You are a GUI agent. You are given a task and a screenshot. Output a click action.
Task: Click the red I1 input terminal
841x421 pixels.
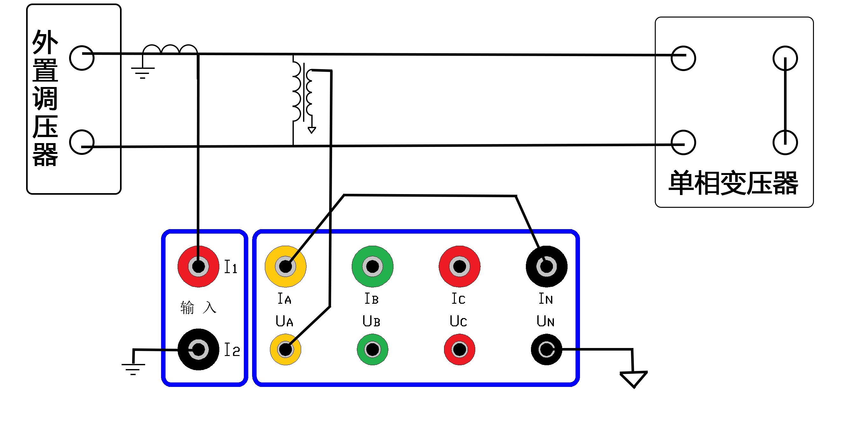click(x=198, y=266)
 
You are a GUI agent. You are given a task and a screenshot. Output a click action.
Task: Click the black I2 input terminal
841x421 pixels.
click(x=198, y=349)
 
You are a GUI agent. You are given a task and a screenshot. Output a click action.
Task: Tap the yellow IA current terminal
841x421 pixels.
click(x=285, y=266)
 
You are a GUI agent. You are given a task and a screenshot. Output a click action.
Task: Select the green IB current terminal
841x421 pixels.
click(x=372, y=266)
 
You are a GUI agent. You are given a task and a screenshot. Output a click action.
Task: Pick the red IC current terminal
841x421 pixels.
click(x=459, y=266)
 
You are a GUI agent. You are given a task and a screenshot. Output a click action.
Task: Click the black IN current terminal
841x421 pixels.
click(x=547, y=266)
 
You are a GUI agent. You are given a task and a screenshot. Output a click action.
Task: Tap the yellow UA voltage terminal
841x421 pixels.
click(x=285, y=349)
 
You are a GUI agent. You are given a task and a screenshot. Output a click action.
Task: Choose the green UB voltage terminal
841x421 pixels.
click(x=372, y=349)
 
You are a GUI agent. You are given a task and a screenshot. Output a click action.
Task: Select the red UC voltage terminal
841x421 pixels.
click(x=459, y=349)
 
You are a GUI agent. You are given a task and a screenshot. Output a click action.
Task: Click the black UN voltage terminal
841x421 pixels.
click(x=547, y=349)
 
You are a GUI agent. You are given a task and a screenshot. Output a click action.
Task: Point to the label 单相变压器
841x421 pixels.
click(x=733, y=183)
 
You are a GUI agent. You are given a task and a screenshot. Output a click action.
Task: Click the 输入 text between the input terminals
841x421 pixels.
click(x=198, y=308)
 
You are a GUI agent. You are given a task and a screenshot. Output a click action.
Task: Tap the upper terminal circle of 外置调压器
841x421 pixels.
click(x=81, y=58)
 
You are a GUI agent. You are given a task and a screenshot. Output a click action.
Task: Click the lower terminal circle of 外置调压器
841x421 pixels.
click(x=81, y=142)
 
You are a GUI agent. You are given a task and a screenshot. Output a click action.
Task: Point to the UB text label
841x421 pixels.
click(x=371, y=321)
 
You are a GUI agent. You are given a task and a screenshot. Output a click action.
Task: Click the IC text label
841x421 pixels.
click(x=458, y=298)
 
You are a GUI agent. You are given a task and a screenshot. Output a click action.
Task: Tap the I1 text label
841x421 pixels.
click(x=231, y=267)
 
